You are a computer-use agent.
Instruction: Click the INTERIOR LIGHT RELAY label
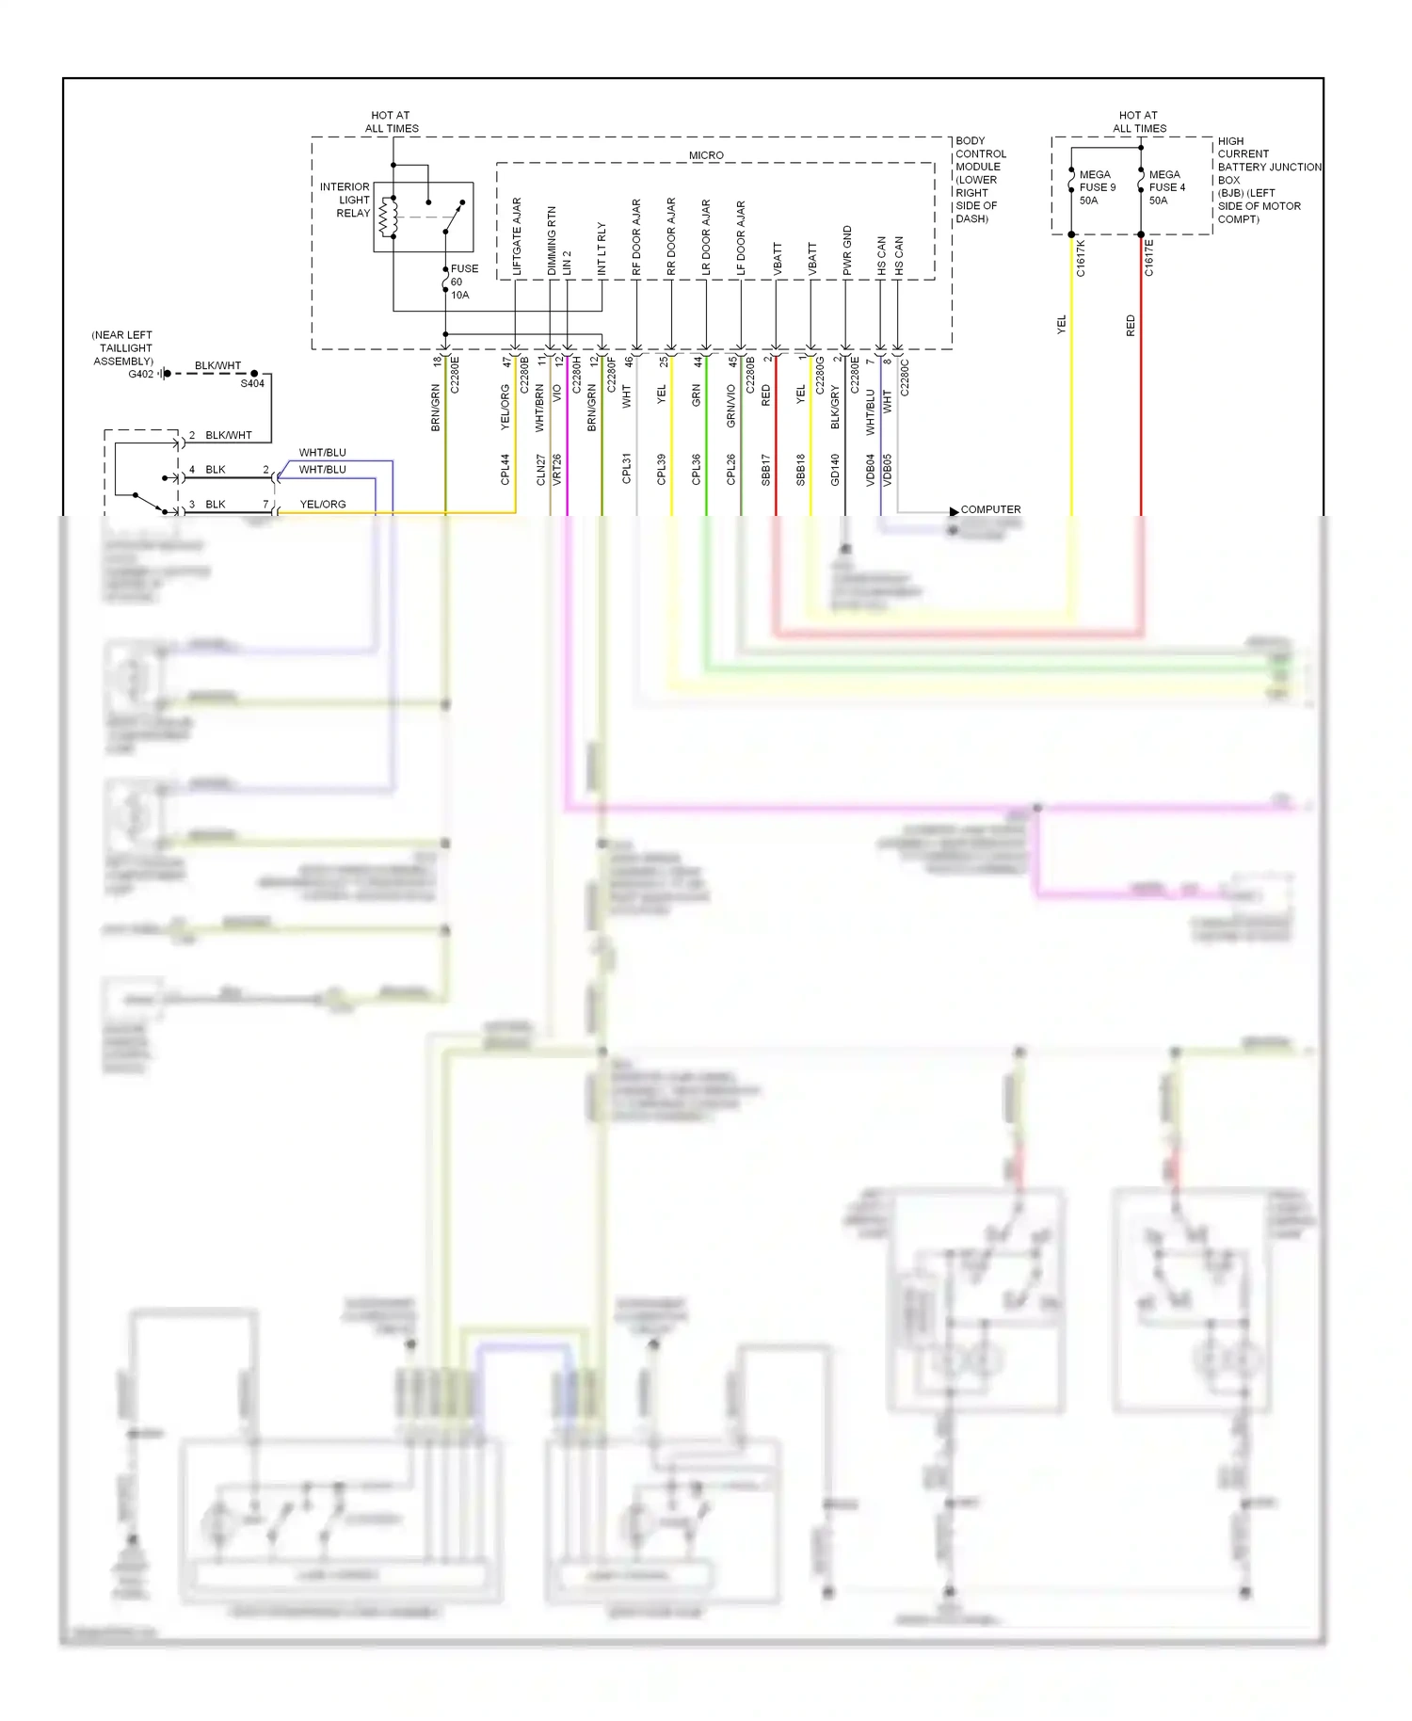coord(345,201)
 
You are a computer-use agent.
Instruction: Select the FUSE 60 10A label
coord(463,281)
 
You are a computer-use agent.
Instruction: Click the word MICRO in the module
coord(706,155)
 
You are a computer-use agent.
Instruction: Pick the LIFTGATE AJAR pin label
coord(517,237)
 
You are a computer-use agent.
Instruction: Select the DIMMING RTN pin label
coord(552,241)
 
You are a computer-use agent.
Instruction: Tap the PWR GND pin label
coord(847,250)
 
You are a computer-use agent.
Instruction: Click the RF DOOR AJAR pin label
coord(636,237)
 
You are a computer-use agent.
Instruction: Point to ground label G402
coord(140,374)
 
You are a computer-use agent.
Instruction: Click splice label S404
coord(252,384)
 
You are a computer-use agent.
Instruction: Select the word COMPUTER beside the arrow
coord(990,509)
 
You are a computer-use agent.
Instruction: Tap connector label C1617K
coord(1081,258)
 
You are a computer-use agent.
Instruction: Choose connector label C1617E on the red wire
coord(1149,258)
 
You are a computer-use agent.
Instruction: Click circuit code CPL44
coord(505,470)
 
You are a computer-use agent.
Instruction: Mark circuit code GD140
coord(835,470)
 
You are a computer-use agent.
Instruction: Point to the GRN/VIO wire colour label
coord(731,407)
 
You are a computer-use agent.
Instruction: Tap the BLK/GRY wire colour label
coord(835,408)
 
